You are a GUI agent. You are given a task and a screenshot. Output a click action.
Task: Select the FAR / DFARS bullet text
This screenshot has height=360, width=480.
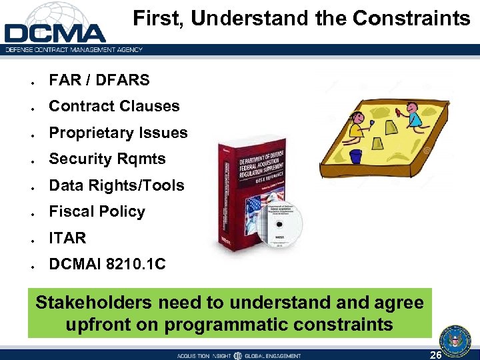tap(99, 80)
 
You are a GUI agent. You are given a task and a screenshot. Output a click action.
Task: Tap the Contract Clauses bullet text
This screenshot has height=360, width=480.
tap(114, 106)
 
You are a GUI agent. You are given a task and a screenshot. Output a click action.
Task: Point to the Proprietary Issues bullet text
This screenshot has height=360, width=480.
tap(118, 133)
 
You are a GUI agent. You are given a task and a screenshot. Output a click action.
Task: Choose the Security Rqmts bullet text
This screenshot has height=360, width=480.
tap(107, 159)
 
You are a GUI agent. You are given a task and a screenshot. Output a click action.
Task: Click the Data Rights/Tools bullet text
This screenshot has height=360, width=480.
tap(117, 185)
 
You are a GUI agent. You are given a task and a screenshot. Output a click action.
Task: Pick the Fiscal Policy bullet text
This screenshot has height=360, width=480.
tap(97, 211)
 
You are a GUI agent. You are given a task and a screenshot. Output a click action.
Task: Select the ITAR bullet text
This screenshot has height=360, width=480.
tap(67, 238)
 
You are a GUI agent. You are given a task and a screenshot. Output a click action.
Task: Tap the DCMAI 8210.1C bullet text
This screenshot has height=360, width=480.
tap(107, 265)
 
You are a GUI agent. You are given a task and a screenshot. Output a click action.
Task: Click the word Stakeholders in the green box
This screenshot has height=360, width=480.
tap(93, 303)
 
